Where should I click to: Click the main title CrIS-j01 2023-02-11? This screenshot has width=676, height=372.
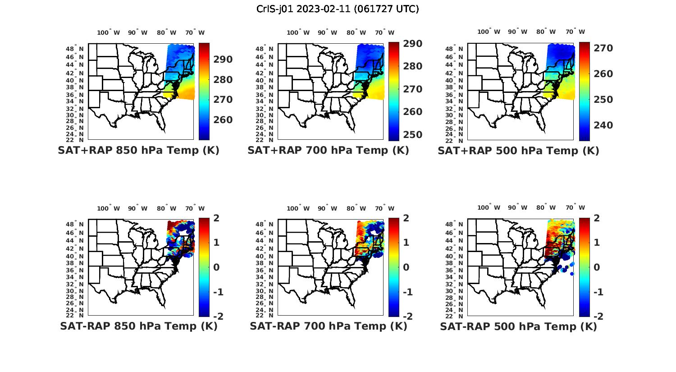click(x=338, y=9)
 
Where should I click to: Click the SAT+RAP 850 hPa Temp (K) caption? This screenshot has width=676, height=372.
click(x=138, y=151)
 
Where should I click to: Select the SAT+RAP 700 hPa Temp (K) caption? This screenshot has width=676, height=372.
click(x=328, y=151)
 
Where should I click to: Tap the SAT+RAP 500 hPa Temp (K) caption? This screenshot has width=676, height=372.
click(x=518, y=151)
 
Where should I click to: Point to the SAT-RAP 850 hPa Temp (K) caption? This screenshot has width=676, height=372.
click(x=138, y=326)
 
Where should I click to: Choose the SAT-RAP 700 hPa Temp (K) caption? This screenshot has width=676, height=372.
click(x=328, y=326)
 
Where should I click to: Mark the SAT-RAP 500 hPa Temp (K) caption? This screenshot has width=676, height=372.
click(x=518, y=326)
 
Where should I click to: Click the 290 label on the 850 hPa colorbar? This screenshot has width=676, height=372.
click(x=223, y=60)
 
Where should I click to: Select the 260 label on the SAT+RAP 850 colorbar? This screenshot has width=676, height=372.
click(x=223, y=120)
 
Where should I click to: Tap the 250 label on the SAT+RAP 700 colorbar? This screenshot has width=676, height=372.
click(x=413, y=135)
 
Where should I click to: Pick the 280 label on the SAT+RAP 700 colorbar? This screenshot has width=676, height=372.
click(x=413, y=66)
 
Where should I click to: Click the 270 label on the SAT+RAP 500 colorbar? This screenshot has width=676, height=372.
click(x=603, y=48)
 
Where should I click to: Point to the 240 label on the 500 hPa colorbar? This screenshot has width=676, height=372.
click(x=603, y=125)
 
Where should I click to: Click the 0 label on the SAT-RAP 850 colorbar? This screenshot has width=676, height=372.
click(x=216, y=267)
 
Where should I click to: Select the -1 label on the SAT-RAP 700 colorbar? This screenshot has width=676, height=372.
click(x=407, y=292)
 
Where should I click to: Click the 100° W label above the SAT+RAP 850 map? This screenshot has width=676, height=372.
click(x=108, y=32)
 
